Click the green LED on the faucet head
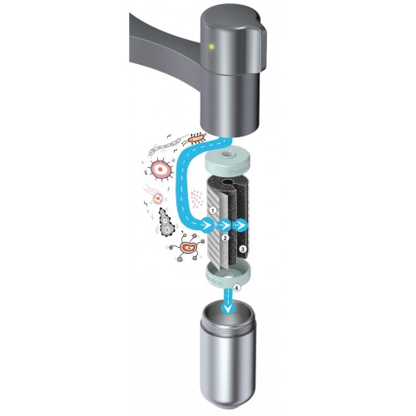[x=211, y=47]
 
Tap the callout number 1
[x=213, y=210]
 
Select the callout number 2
[x=225, y=238]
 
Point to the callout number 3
[x=243, y=249]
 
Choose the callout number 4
[x=236, y=288]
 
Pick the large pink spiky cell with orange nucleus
[x=160, y=169]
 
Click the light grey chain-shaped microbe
[x=164, y=146]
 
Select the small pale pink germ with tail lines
[x=156, y=196]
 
